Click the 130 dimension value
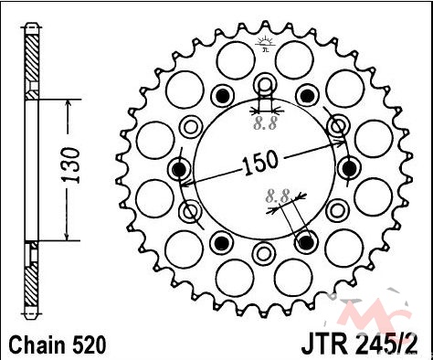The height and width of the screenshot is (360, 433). [x=71, y=165]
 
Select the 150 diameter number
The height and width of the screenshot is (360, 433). [x=260, y=163]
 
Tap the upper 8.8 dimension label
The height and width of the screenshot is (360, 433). [x=266, y=123]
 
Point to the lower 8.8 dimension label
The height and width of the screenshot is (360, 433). [x=277, y=196]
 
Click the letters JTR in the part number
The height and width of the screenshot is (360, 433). [x=324, y=344]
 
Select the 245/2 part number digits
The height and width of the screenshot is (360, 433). [x=386, y=344]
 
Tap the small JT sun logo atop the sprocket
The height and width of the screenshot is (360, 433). [x=265, y=44]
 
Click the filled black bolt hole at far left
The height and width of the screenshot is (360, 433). [x=179, y=169]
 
